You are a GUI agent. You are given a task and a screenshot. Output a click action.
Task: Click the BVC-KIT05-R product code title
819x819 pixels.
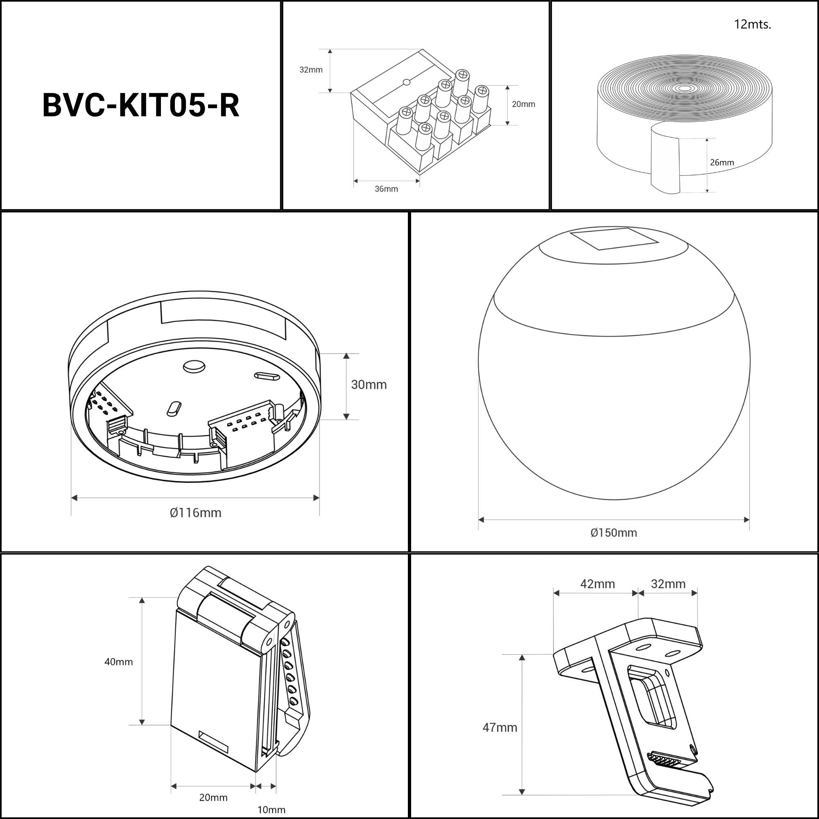[x=141, y=105]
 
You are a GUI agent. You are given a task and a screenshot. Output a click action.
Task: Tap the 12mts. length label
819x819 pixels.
[x=752, y=25]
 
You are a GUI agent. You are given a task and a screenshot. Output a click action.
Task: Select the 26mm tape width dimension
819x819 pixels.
[x=722, y=162]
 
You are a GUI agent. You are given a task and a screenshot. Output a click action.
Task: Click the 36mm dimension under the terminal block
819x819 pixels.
[x=386, y=189]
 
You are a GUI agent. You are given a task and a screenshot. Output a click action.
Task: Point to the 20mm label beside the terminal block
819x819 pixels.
[x=523, y=104]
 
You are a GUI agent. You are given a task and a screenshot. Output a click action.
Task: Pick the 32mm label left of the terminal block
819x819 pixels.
[x=311, y=70]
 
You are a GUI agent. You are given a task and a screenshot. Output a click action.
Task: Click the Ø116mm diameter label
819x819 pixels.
[x=195, y=513]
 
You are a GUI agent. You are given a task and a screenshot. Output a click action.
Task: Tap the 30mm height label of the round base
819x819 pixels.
[x=369, y=385]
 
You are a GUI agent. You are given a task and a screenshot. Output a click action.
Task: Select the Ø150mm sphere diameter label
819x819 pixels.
[x=613, y=533]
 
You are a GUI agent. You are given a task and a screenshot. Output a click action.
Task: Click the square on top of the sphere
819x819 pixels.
[x=614, y=238]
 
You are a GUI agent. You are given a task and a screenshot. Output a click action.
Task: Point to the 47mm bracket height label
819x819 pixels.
[x=499, y=728]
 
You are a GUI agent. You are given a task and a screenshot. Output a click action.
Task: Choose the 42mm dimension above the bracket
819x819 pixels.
[x=597, y=584]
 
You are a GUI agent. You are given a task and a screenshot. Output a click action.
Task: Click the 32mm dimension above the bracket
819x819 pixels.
[x=667, y=584]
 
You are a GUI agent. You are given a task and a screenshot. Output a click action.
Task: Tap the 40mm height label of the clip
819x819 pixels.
[x=119, y=662]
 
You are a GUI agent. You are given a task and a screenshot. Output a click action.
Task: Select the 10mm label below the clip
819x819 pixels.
[x=271, y=810]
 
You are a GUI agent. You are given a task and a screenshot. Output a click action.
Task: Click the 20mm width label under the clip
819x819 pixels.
[x=213, y=798]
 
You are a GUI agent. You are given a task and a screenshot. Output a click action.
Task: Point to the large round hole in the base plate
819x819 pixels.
[x=194, y=366]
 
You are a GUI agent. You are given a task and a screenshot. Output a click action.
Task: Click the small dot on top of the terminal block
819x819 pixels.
[x=407, y=82]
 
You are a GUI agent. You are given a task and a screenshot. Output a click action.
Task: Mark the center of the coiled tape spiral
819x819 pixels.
[x=684, y=88]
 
